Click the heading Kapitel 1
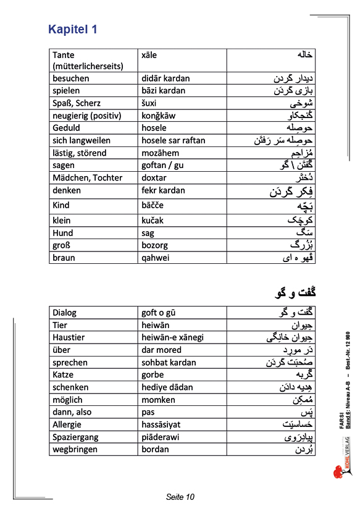73,29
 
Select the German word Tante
64,55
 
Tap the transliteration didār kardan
165,78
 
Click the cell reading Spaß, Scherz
77,103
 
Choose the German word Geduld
67,128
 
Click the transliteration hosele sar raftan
173,140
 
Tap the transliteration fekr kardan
163,190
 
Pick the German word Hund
62,233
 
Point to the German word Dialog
65,313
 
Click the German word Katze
64,374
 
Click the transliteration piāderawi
162,437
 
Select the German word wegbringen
75,449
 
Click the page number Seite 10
180,497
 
